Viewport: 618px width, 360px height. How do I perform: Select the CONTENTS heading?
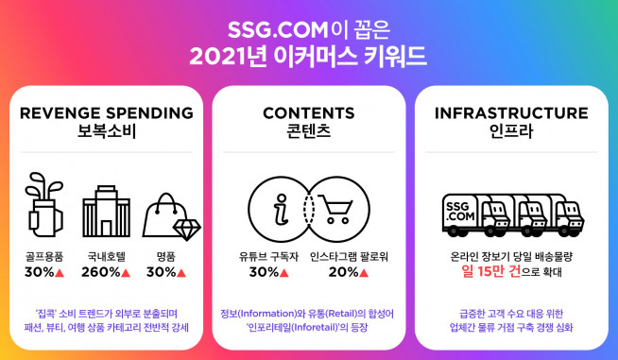click(x=309, y=112)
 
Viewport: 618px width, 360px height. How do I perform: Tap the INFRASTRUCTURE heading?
click(x=510, y=112)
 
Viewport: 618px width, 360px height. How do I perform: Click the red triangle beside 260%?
click(x=126, y=273)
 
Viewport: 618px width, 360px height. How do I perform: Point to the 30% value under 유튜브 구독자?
click(x=264, y=273)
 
